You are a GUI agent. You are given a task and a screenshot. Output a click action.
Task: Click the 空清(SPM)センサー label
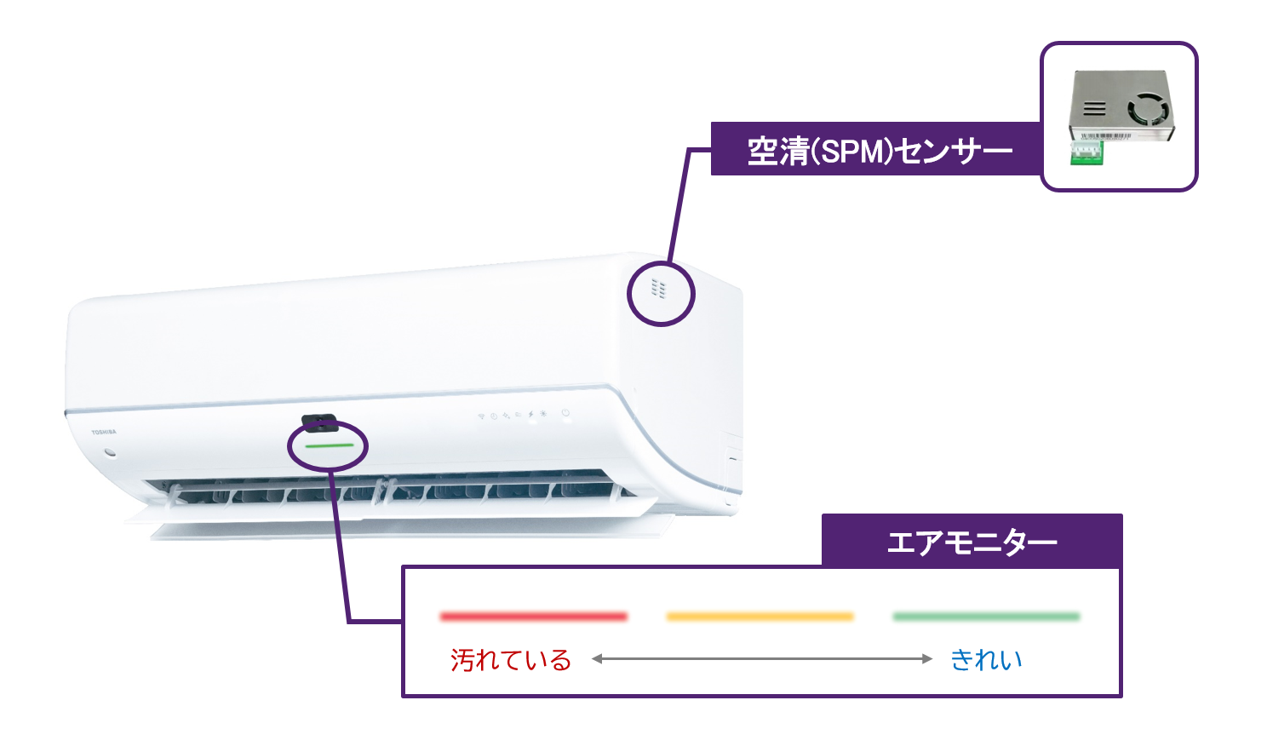pyautogui.click(x=880, y=151)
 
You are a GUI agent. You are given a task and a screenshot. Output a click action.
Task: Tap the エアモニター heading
pyautogui.click(x=972, y=542)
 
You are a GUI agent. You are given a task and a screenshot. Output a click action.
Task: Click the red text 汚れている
pyautogui.click(x=510, y=659)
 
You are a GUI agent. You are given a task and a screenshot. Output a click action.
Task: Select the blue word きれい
pyautogui.click(x=986, y=659)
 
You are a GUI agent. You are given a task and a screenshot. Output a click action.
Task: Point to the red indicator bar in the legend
pyautogui.click(x=533, y=616)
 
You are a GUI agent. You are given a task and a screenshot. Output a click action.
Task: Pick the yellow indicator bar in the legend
pyautogui.click(x=760, y=616)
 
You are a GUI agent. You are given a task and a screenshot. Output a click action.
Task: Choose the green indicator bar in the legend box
pyautogui.click(x=986, y=616)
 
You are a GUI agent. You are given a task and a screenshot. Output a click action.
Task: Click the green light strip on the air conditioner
pyautogui.click(x=329, y=445)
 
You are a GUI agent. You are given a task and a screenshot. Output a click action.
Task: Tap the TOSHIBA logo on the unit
pyautogui.click(x=104, y=433)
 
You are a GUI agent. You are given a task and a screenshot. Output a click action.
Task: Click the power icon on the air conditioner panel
pyautogui.click(x=565, y=414)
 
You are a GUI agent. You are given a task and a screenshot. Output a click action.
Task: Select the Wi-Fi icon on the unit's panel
pyautogui.click(x=481, y=416)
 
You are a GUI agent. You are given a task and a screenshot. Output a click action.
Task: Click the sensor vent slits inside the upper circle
pyautogui.click(x=658, y=289)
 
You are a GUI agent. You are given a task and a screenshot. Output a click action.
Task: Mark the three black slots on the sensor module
pyautogui.click(x=1094, y=108)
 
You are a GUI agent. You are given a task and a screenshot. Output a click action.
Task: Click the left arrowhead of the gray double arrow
pyautogui.click(x=597, y=658)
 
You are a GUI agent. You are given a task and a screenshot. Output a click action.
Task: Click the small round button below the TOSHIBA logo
pyautogui.click(x=109, y=451)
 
